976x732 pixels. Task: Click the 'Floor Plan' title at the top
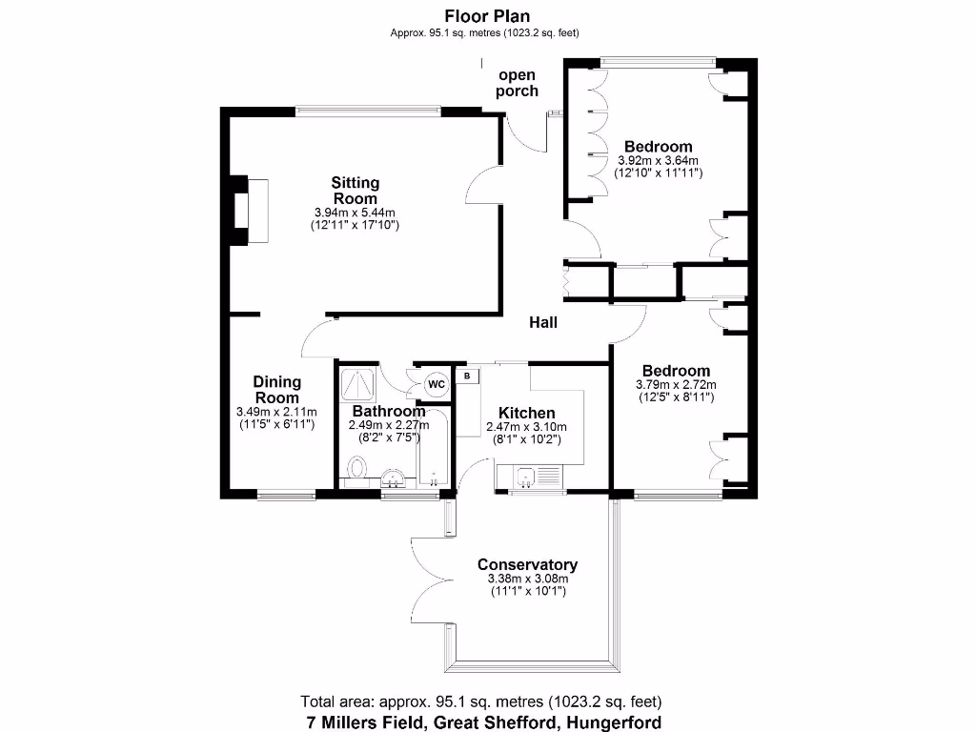487,15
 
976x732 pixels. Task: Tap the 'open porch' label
517,83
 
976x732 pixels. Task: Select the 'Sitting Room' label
355,190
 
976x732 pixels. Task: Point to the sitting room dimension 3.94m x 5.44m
355,213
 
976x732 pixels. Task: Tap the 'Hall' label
543,323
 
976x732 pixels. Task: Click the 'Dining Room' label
276,390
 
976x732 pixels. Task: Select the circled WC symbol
436,383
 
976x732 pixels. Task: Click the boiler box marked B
467,376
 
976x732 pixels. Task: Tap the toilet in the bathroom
357,469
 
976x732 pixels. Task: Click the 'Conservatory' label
527,564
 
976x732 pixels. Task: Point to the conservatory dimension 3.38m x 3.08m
527,579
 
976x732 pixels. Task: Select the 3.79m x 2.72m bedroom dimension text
675,385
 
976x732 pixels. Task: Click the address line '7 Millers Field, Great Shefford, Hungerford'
483,722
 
